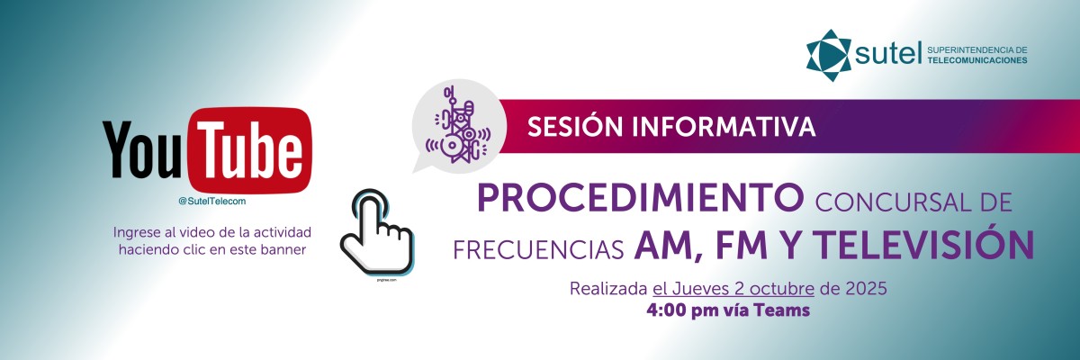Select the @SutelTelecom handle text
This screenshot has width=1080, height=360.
pos(211,201)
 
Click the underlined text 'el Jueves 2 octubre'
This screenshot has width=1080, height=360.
pos(733,290)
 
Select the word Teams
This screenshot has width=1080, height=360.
pos(784,311)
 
